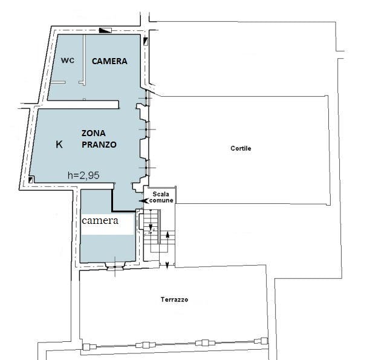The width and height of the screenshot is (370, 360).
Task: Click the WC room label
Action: click(x=68, y=61)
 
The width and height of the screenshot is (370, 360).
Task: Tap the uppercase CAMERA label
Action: click(x=109, y=61)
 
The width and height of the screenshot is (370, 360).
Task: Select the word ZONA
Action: click(x=94, y=133)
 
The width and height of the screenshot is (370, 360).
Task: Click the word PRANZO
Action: click(x=99, y=145)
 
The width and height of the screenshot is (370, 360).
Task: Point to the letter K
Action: click(x=59, y=144)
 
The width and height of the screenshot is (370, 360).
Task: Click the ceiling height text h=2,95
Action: click(x=83, y=175)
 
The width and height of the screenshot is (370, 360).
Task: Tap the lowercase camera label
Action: click(x=100, y=221)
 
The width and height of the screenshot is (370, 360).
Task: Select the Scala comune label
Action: click(x=161, y=197)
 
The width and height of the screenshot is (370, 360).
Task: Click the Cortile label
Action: click(x=241, y=148)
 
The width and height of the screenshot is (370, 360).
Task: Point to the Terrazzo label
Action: click(x=174, y=299)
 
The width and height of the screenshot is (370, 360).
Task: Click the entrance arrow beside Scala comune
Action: click(x=144, y=201)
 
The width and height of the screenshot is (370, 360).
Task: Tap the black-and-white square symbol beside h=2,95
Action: click(x=30, y=180)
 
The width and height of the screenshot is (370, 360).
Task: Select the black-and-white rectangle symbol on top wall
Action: click(x=105, y=30)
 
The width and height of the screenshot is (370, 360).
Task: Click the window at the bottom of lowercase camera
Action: click(x=115, y=266)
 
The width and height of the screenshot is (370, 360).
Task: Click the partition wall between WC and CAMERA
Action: click(x=84, y=59)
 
